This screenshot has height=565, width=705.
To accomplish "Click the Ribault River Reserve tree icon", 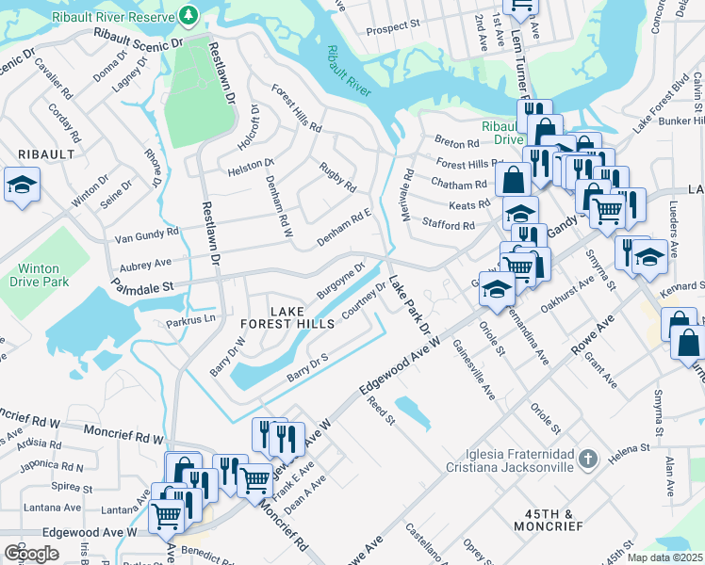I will coord(189,14).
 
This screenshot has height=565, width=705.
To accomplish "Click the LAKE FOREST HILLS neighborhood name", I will coord(302,317).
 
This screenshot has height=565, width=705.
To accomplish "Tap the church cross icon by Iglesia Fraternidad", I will coord(588,460).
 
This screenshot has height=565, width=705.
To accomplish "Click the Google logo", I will coord(31,553).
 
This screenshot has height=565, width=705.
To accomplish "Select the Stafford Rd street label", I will coord(449,225).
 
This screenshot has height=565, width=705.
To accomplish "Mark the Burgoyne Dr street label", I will coord(340,280).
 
